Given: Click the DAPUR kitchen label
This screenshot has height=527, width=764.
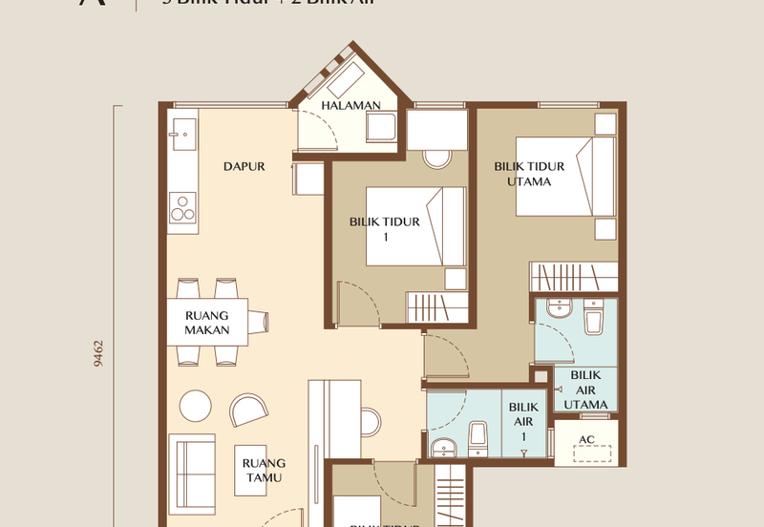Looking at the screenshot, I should click(x=244, y=166).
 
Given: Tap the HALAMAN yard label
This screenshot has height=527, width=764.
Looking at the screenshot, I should click(x=350, y=105).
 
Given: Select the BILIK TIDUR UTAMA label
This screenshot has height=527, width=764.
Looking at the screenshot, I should click(x=529, y=174).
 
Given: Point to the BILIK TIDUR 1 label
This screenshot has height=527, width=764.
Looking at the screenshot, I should click(x=385, y=229).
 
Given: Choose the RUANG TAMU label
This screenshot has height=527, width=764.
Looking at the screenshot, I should click(x=264, y=471).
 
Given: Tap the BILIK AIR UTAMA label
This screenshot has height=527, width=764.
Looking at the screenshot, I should click(x=585, y=390).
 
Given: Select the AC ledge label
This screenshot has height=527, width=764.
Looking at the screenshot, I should click(x=588, y=440).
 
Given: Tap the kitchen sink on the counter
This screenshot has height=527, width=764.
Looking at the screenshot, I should click(x=183, y=135).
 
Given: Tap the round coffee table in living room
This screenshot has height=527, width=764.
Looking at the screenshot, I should click(x=197, y=406).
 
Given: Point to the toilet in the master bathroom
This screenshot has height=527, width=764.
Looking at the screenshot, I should click(x=593, y=316).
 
